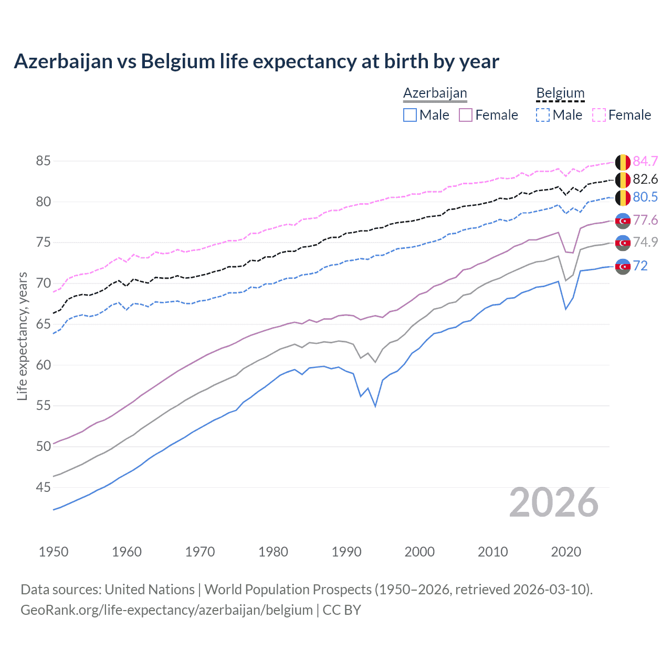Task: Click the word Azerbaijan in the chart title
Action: (x=64, y=61)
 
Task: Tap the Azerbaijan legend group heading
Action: (x=435, y=93)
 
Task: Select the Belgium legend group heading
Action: (x=560, y=93)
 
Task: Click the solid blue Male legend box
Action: (x=410, y=115)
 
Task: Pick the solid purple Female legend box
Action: (x=466, y=115)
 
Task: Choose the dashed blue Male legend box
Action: (x=543, y=115)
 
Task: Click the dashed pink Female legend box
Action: (x=599, y=115)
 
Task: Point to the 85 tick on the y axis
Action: (x=43, y=161)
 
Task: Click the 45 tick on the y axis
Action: (x=43, y=487)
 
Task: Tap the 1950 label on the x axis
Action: (x=54, y=552)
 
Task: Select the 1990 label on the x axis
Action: (x=346, y=552)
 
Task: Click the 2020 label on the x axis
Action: (x=566, y=552)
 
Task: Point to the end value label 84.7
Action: (x=645, y=161)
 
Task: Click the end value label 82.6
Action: (x=645, y=180)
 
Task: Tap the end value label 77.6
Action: (x=645, y=220)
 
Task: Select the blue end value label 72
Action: (x=640, y=266)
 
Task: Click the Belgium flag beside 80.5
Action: (x=623, y=198)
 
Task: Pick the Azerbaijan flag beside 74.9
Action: (x=623, y=243)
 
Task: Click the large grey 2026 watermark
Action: (x=553, y=502)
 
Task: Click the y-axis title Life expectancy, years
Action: (x=23, y=336)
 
